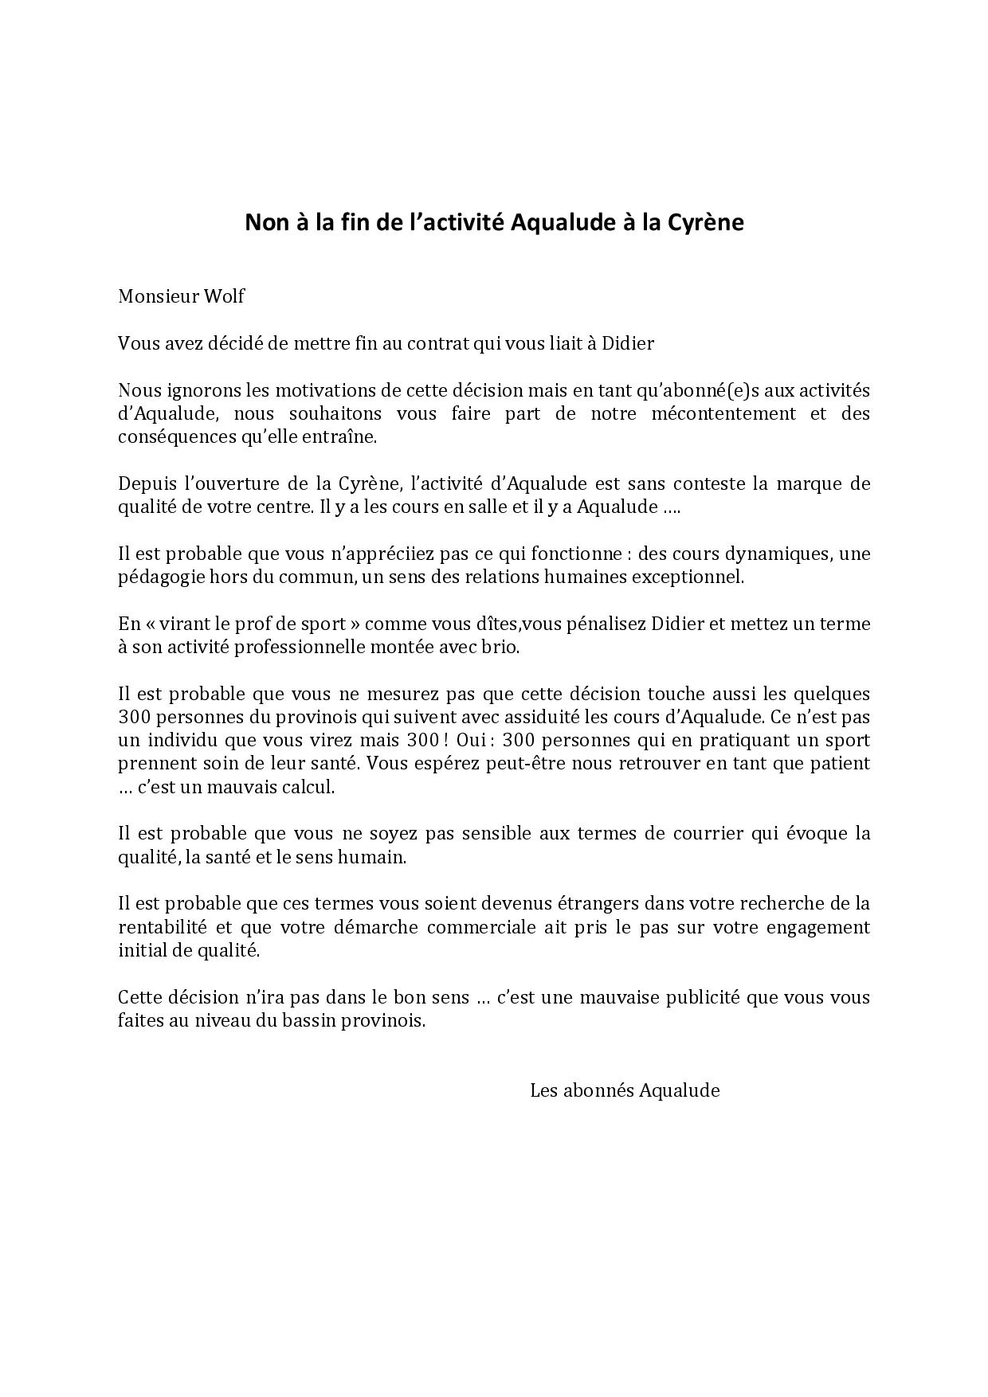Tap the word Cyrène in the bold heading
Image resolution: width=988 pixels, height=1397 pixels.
[x=704, y=223]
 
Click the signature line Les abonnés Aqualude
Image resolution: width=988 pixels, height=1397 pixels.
[x=625, y=1090]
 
